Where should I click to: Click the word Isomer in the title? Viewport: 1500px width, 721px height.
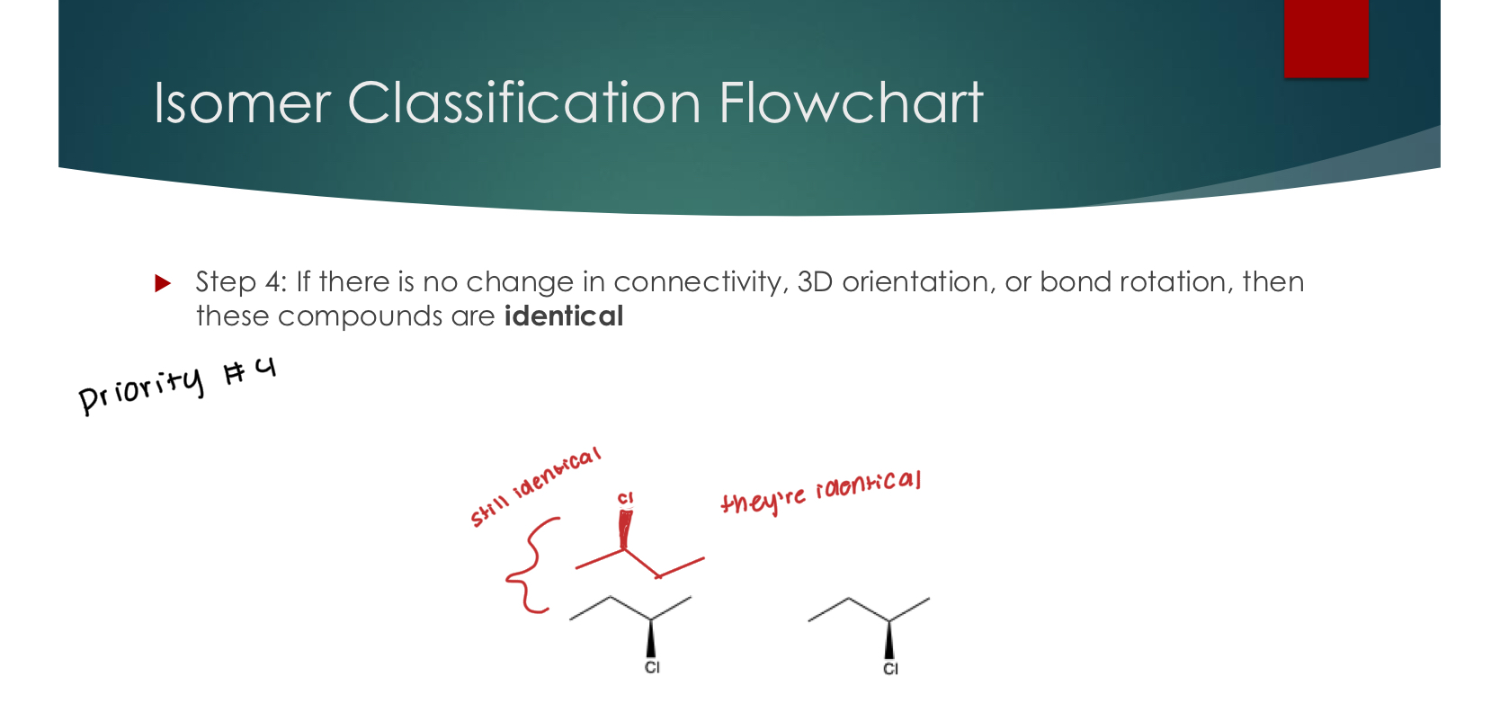pyautogui.click(x=242, y=102)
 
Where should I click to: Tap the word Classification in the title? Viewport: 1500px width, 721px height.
pyautogui.click(x=523, y=102)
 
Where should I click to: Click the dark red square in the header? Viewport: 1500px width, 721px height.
pyautogui.click(x=1326, y=38)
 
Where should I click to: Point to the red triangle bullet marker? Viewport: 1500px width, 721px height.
pyautogui.click(x=163, y=283)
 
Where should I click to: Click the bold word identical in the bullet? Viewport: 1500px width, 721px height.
pyautogui.click(x=563, y=316)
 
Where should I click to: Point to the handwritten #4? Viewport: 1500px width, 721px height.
pyautogui.click(x=250, y=370)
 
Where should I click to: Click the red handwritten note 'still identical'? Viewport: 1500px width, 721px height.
pyautogui.click(x=534, y=486)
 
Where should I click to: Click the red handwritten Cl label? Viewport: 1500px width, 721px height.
pyautogui.click(x=625, y=498)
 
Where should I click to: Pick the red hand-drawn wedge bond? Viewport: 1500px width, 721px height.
pyautogui.click(x=624, y=529)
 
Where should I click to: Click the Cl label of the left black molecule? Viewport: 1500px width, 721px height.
pyautogui.click(x=652, y=667)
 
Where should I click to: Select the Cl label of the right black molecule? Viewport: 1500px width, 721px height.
pyautogui.click(x=890, y=669)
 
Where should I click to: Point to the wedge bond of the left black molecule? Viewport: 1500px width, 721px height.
pyautogui.click(x=651, y=639)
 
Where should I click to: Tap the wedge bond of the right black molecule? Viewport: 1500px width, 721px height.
pyautogui.click(x=889, y=640)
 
